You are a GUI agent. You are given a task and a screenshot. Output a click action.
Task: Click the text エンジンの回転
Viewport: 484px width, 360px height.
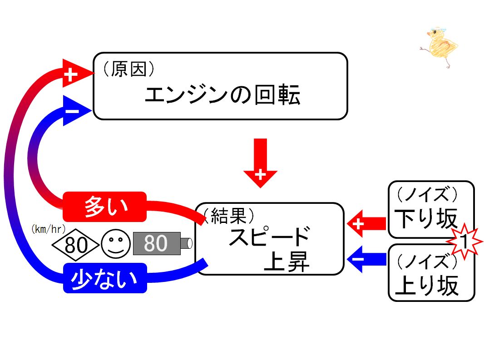coord(222,94)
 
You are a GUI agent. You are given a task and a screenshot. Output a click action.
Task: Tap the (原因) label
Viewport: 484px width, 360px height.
coord(128,69)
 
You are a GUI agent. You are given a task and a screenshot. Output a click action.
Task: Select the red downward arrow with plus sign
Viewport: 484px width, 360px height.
coord(260,163)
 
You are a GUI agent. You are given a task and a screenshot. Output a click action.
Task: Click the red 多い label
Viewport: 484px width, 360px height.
coord(104,207)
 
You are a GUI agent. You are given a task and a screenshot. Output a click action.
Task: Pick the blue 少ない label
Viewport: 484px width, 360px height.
coord(105,278)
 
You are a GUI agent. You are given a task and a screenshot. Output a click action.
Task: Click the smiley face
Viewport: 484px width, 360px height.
coord(116,244)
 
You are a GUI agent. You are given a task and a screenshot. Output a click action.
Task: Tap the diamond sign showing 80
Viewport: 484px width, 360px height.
coord(75,245)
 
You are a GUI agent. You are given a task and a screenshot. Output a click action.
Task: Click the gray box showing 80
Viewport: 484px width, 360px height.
coord(157,243)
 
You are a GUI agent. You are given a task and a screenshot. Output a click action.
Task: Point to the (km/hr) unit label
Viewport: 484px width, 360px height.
coord(49,229)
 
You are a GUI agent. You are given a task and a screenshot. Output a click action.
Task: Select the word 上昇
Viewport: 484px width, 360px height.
coord(286,261)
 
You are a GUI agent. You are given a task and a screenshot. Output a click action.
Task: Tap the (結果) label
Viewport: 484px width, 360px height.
coord(229,216)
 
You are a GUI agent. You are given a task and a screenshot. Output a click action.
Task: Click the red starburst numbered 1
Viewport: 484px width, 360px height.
coord(464,242)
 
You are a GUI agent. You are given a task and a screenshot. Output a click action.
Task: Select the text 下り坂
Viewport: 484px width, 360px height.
coord(426,219)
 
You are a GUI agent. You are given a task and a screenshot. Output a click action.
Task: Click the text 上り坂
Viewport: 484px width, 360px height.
coord(426,285)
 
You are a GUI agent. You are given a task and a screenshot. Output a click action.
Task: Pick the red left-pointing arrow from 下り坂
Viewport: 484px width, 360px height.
coord(366,223)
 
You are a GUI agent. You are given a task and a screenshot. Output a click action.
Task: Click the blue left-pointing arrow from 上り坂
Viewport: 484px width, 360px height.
coord(366,259)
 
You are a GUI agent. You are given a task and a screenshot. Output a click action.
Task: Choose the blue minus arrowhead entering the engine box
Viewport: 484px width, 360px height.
coord(77,110)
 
